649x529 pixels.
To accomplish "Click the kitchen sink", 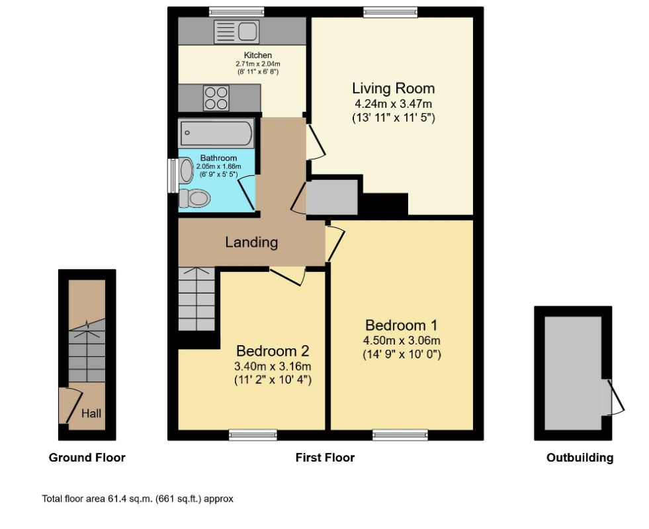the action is click(236, 32).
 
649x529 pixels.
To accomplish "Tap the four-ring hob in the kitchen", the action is click(216, 98).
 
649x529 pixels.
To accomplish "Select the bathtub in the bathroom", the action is click(216, 133).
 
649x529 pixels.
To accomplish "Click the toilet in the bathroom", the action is click(194, 198).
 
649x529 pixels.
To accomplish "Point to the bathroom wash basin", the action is click(186, 171).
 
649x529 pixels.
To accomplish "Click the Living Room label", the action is click(393, 88).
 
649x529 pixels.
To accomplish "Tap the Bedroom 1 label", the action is click(401, 325).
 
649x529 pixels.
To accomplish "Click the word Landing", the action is click(251, 242).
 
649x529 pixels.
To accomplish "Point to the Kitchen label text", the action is click(258, 55).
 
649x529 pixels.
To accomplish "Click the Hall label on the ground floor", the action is click(91, 413).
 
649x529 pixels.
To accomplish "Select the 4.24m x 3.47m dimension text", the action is click(393, 103).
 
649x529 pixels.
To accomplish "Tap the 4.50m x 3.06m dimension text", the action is click(402, 341).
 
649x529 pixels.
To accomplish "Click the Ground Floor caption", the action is click(87, 458).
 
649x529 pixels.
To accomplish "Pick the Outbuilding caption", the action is click(580, 458).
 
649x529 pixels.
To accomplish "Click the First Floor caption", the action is click(325, 458).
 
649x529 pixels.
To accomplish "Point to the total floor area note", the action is click(138, 499).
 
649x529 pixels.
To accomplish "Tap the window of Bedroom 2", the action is click(253, 434).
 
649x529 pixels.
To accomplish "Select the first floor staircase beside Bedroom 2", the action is click(196, 299).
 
